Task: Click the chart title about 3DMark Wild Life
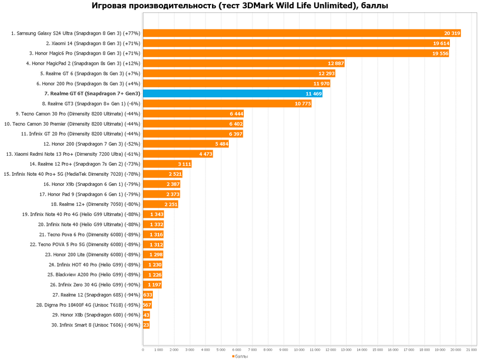[x=240, y=6]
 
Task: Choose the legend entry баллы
[x=240, y=356]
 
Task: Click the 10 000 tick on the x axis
[x=299, y=349]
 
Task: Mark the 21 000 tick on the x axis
[x=471, y=349]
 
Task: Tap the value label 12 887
[x=336, y=64]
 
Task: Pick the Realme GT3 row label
[x=91, y=104]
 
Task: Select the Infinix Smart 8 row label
[x=95, y=325]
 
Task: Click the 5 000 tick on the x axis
[x=221, y=349]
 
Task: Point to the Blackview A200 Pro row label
[x=86, y=275]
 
